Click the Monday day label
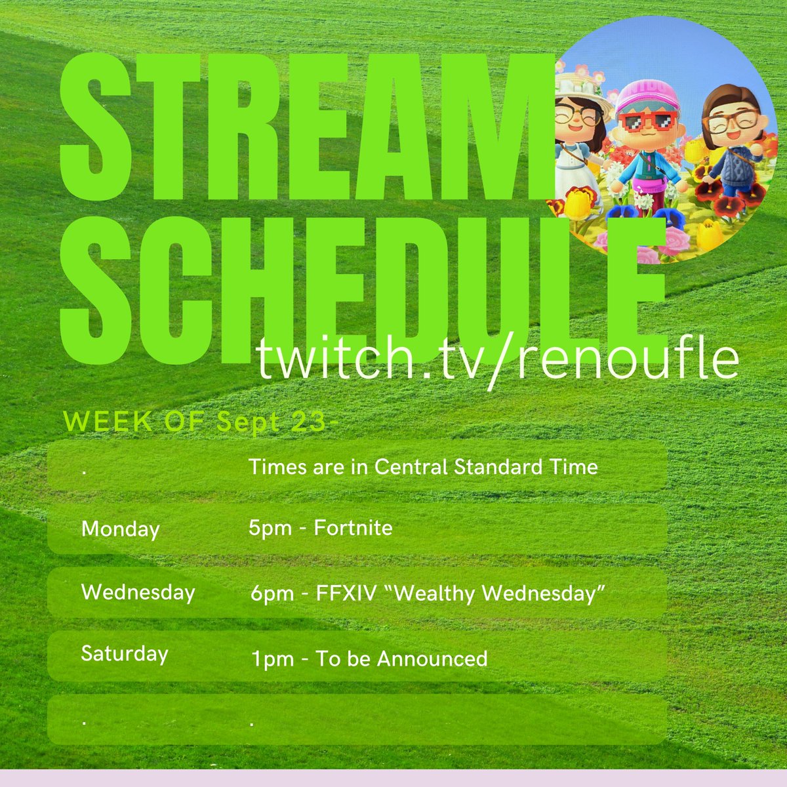(x=120, y=529)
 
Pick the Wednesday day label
(x=138, y=592)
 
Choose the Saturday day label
(x=125, y=654)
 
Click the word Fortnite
(x=353, y=527)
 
